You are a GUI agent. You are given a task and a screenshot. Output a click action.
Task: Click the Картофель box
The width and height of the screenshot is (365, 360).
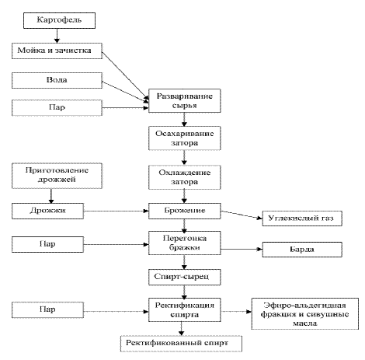coord(59,20)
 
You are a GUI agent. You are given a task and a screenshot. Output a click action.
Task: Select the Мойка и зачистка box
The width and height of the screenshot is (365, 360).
coord(57,51)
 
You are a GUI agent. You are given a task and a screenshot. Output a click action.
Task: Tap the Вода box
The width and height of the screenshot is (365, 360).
coord(57,80)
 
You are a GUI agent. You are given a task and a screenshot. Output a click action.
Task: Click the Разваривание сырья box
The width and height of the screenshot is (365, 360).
coord(185,101)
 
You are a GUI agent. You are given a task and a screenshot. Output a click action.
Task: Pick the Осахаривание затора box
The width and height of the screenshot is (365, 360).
coord(185,138)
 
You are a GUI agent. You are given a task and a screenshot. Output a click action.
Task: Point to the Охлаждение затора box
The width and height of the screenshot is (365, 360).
coord(185,177)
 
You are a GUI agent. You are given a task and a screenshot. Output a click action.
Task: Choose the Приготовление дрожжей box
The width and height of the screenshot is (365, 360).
coord(57,176)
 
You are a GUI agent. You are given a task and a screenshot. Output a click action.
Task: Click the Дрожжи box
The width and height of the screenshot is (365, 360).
coord(47,211)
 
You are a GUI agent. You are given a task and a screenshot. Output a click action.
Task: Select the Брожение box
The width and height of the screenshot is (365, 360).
coord(185,211)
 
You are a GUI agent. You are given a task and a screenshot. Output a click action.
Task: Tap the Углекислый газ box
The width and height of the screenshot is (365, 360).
coord(302,218)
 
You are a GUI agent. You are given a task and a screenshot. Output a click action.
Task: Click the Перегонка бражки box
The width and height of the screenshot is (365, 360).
coord(185,243)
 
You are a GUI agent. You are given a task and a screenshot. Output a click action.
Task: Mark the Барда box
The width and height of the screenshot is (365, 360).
coord(302,250)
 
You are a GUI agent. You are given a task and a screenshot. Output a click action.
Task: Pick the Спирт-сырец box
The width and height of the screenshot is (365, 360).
coord(185,278)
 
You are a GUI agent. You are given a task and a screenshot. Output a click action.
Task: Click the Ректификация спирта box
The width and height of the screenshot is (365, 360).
coord(185,310)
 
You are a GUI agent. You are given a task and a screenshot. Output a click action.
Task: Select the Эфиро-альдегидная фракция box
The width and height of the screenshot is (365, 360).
coord(305,313)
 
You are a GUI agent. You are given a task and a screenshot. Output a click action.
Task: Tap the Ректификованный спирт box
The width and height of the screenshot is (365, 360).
coord(181,344)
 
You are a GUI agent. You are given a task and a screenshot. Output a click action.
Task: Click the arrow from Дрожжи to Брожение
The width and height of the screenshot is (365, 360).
coord(116,211)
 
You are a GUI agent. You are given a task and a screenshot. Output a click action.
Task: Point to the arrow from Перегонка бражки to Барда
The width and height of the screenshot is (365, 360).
coord(242,249)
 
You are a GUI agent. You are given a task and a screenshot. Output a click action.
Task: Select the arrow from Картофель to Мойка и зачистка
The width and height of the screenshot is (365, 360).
coord(57,36)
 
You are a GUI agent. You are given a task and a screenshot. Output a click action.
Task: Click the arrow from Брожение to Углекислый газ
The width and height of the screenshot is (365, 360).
coord(242,215)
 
